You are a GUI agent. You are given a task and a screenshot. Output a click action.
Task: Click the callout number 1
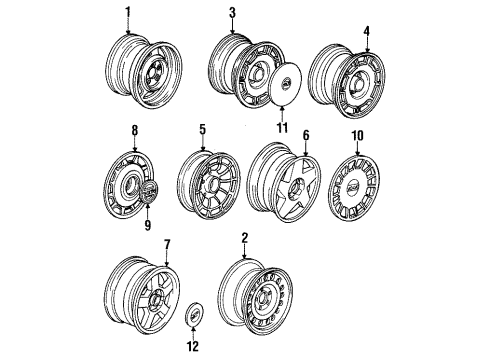pos(127,11)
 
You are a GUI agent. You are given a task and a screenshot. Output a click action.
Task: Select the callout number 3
pos(231,12)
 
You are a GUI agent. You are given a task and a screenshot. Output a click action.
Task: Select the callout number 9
pos(146,226)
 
